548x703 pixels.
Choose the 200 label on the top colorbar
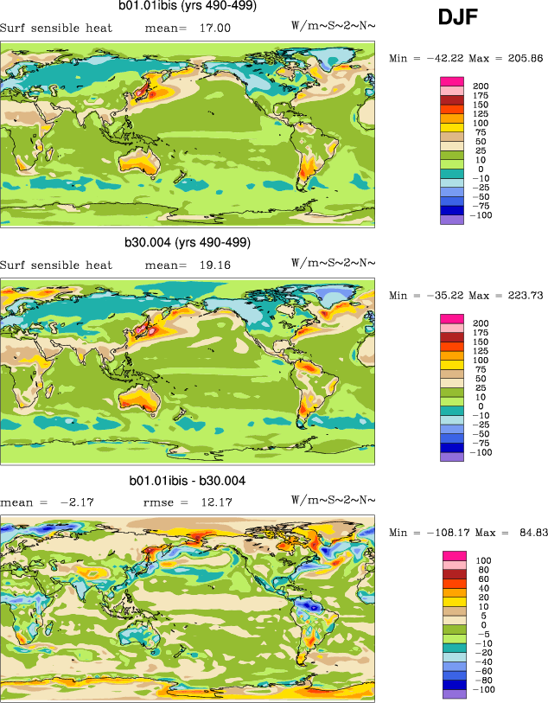(x=481, y=85)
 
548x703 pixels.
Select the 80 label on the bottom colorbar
(x=481, y=570)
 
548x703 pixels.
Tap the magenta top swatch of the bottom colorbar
(x=455, y=555)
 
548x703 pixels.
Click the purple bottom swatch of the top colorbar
(x=455, y=219)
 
